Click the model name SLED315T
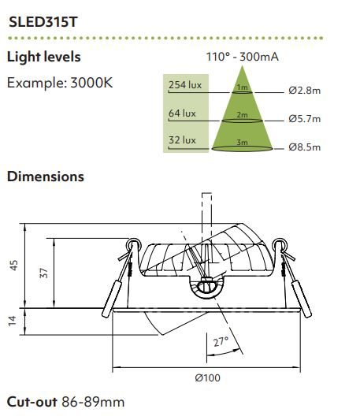tap(43, 22)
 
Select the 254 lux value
tap(185, 85)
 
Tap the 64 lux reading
tap(182, 113)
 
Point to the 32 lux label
tap(182, 139)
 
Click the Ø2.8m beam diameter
tap(305, 91)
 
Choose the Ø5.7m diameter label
tap(305, 118)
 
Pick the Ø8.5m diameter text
tap(305, 147)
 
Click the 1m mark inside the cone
tap(242, 87)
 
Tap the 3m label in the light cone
tap(242, 142)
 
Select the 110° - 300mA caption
tap(242, 57)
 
